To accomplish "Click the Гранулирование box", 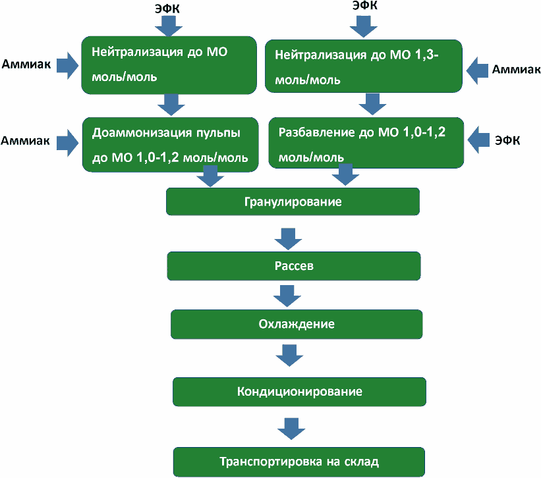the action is (x=293, y=201).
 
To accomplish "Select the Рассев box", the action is (x=294, y=266).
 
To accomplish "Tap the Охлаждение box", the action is (x=297, y=325).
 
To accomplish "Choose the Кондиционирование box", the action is (x=299, y=392).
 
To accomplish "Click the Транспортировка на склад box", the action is (x=299, y=462).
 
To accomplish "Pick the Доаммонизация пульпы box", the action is (x=171, y=144).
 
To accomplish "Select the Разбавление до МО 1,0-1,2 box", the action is (x=366, y=143).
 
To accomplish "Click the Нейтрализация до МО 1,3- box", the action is (x=364, y=66).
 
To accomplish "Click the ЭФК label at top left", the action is (x=167, y=9).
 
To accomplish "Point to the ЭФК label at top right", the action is (x=364, y=5).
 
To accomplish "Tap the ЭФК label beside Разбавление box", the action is (x=507, y=140).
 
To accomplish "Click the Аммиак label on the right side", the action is (x=516, y=69).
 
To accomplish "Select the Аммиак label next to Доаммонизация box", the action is (x=25, y=141).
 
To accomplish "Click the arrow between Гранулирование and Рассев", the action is (x=289, y=239).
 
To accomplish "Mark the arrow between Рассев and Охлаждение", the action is (x=287, y=296).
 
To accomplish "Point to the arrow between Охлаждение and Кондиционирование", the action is (x=289, y=356).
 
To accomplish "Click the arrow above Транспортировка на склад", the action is (x=291, y=429).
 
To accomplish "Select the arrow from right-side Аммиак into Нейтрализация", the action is (x=477, y=70).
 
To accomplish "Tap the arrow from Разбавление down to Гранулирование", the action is (x=346, y=174).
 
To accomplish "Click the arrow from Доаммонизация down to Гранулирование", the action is (x=210, y=176).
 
